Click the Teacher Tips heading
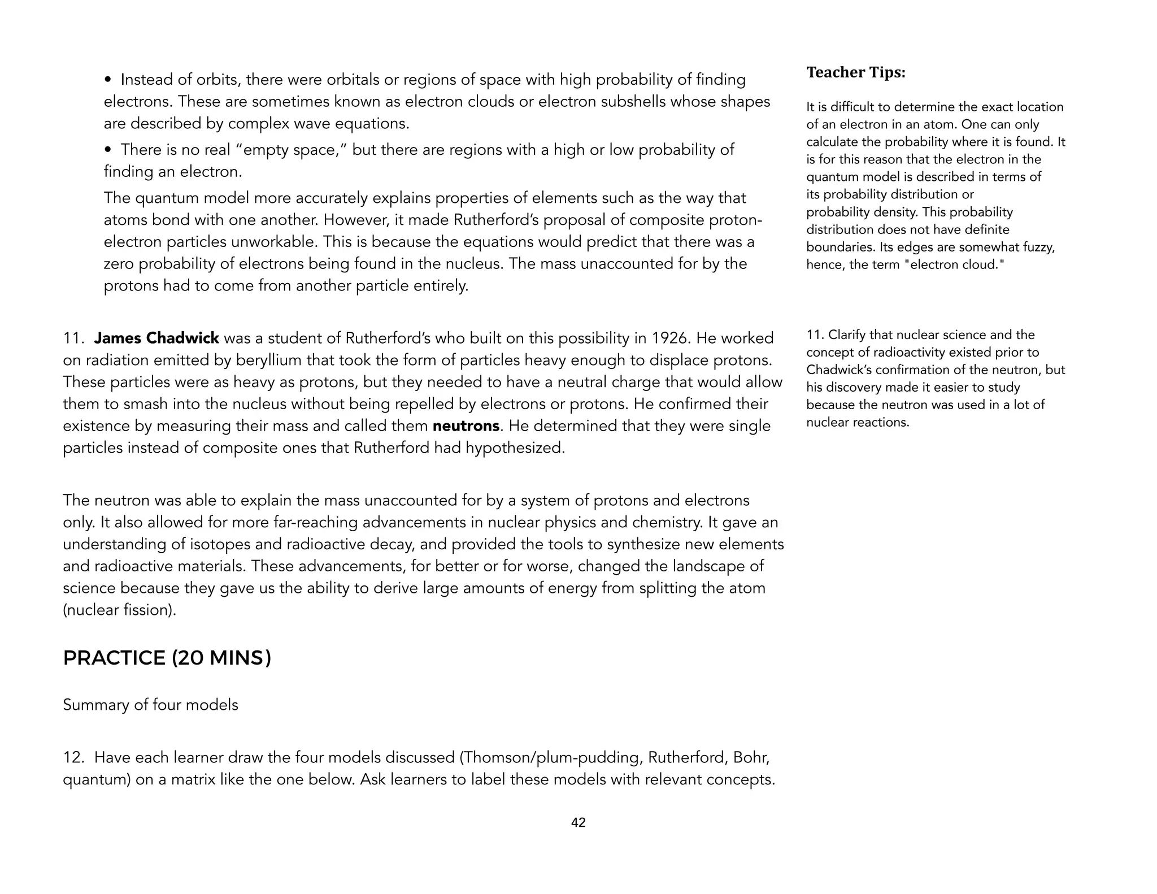click(x=855, y=73)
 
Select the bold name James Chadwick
click(x=156, y=338)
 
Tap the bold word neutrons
click(x=466, y=426)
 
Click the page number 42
click(x=578, y=823)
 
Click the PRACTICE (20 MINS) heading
click(x=167, y=658)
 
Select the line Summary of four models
click(x=150, y=705)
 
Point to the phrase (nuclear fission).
click(x=119, y=610)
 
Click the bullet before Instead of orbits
click(x=108, y=80)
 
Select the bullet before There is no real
click(x=108, y=150)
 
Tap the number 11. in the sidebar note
click(x=815, y=335)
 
